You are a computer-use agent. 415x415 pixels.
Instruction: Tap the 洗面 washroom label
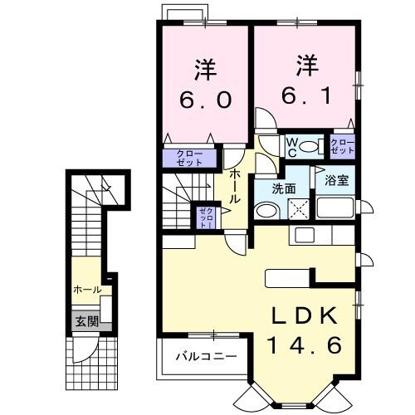pos(284,188)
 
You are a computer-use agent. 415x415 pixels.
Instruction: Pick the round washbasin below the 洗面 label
pos(263,212)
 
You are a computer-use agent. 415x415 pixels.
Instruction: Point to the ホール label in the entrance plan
pos(88,290)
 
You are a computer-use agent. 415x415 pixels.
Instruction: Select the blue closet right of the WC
pos(343,148)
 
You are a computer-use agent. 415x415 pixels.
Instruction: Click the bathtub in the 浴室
pos(339,207)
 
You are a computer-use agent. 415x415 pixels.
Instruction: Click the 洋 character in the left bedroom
pos(203,66)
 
